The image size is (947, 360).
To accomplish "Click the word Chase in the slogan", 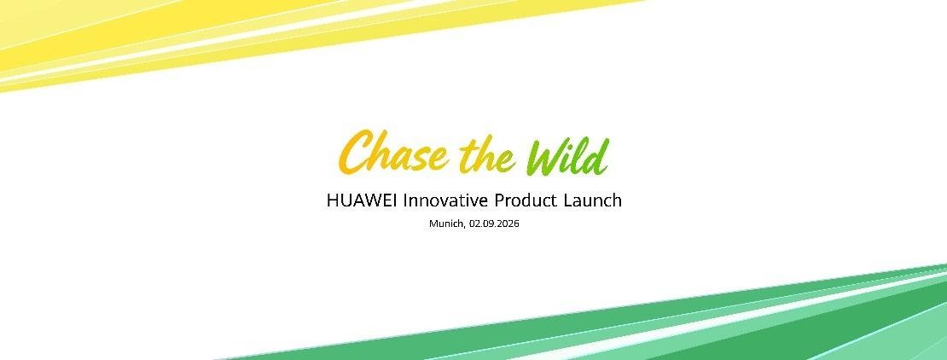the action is click(x=394, y=152).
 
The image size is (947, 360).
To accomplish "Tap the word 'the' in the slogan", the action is click(x=487, y=154).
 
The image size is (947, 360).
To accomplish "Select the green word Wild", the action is click(x=566, y=156).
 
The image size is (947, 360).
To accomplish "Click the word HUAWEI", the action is click(x=362, y=200).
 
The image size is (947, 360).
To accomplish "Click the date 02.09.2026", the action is click(x=494, y=224).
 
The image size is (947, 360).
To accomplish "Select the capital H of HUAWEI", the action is click(x=333, y=200).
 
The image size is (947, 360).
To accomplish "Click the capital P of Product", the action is click(x=499, y=200).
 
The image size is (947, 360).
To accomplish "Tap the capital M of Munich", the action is click(x=433, y=224).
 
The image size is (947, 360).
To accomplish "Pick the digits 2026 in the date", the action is click(x=509, y=224).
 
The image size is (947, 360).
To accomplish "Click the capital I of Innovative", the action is click(x=405, y=200).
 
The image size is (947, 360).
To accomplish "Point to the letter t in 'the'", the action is click(x=468, y=156).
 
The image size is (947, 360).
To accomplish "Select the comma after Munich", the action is click(x=464, y=227).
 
